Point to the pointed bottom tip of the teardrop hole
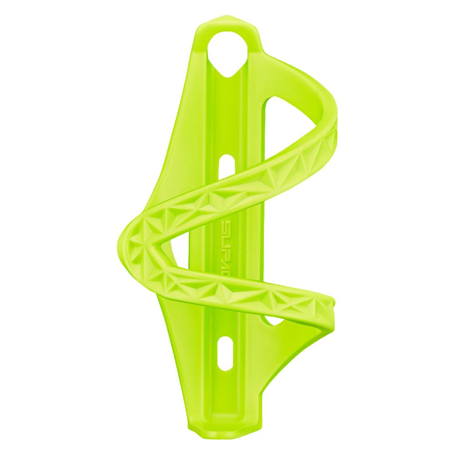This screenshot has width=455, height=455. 228,73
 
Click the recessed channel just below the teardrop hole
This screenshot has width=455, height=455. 227,105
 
